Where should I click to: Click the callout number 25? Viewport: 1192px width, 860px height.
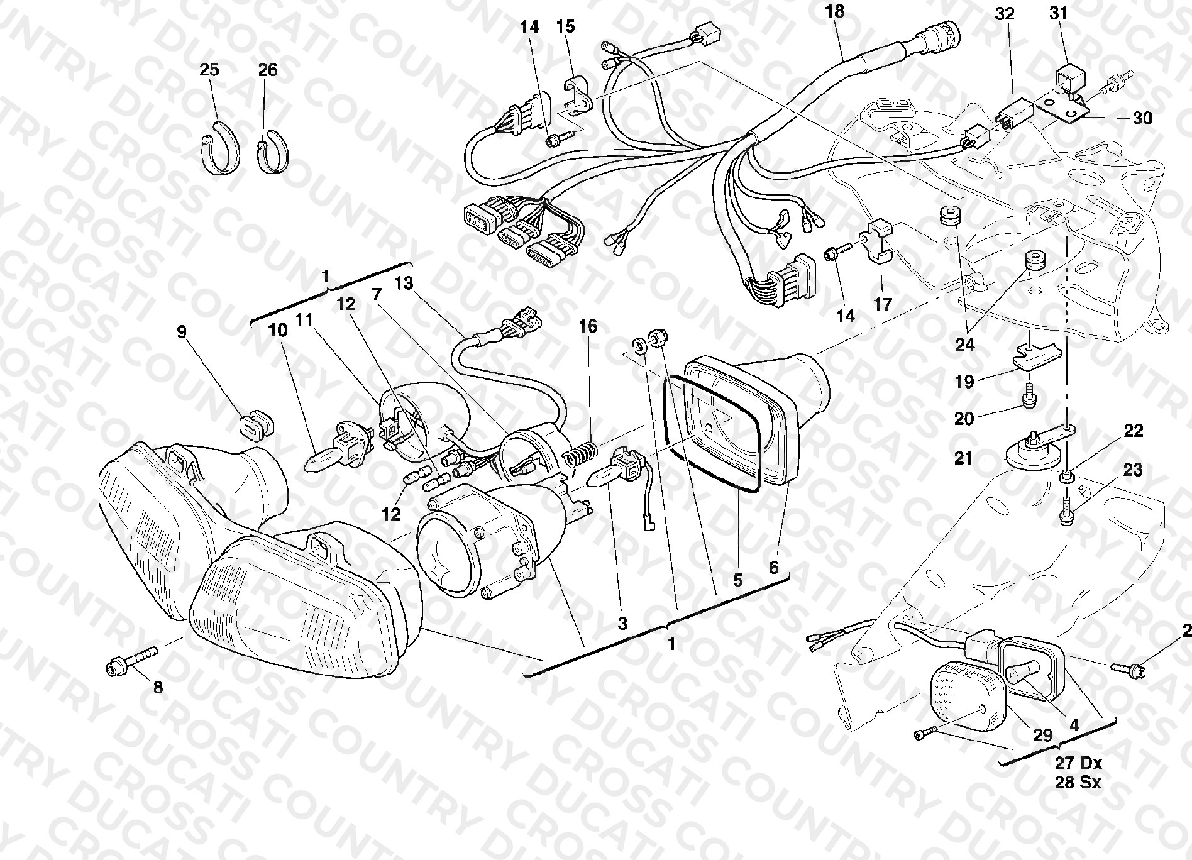click(209, 70)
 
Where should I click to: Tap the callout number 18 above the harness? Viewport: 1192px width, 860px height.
click(834, 11)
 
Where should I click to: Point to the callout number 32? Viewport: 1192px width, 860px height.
click(1005, 14)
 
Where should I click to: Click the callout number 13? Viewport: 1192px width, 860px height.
click(404, 284)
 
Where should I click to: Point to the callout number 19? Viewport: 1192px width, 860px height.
click(964, 381)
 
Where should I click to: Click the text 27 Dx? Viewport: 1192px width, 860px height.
click(1078, 763)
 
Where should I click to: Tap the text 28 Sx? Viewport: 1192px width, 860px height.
click(1078, 783)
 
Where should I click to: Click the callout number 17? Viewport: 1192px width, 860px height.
click(883, 304)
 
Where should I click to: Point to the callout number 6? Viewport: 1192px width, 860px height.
click(773, 567)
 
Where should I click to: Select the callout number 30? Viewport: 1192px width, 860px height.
click(1142, 118)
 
